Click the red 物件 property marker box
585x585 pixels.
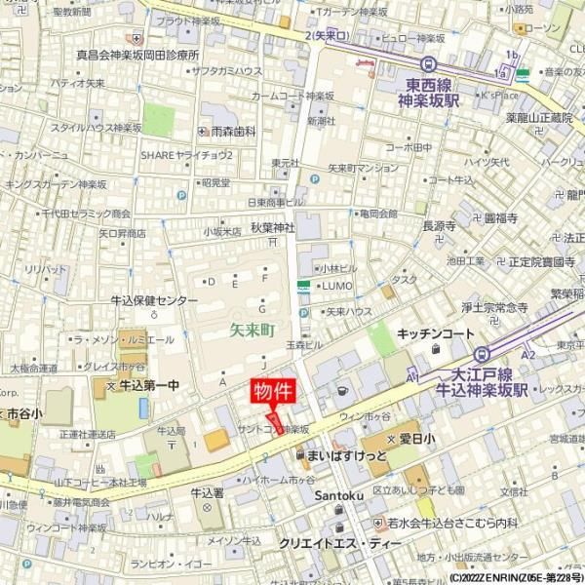tap(273, 392)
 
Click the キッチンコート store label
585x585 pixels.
tap(435, 333)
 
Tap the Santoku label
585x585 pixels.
tap(337, 496)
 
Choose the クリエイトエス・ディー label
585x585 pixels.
tap(338, 543)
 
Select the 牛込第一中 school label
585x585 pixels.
tap(148, 386)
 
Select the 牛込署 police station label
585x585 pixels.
tap(208, 492)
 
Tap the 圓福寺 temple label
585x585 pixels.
tap(504, 218)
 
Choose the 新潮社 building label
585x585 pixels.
tap(321, 121)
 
